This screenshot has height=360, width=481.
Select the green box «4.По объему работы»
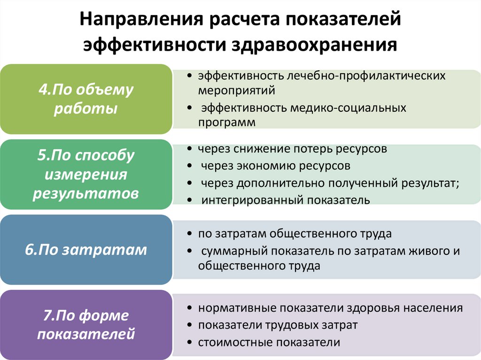85,100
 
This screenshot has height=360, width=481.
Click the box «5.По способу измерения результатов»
85,174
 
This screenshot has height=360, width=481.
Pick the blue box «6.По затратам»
85,250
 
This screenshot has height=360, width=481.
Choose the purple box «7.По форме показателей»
85,325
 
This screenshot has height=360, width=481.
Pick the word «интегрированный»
253,200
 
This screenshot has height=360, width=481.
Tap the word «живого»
427,251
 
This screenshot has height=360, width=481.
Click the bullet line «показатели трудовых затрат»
278,325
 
